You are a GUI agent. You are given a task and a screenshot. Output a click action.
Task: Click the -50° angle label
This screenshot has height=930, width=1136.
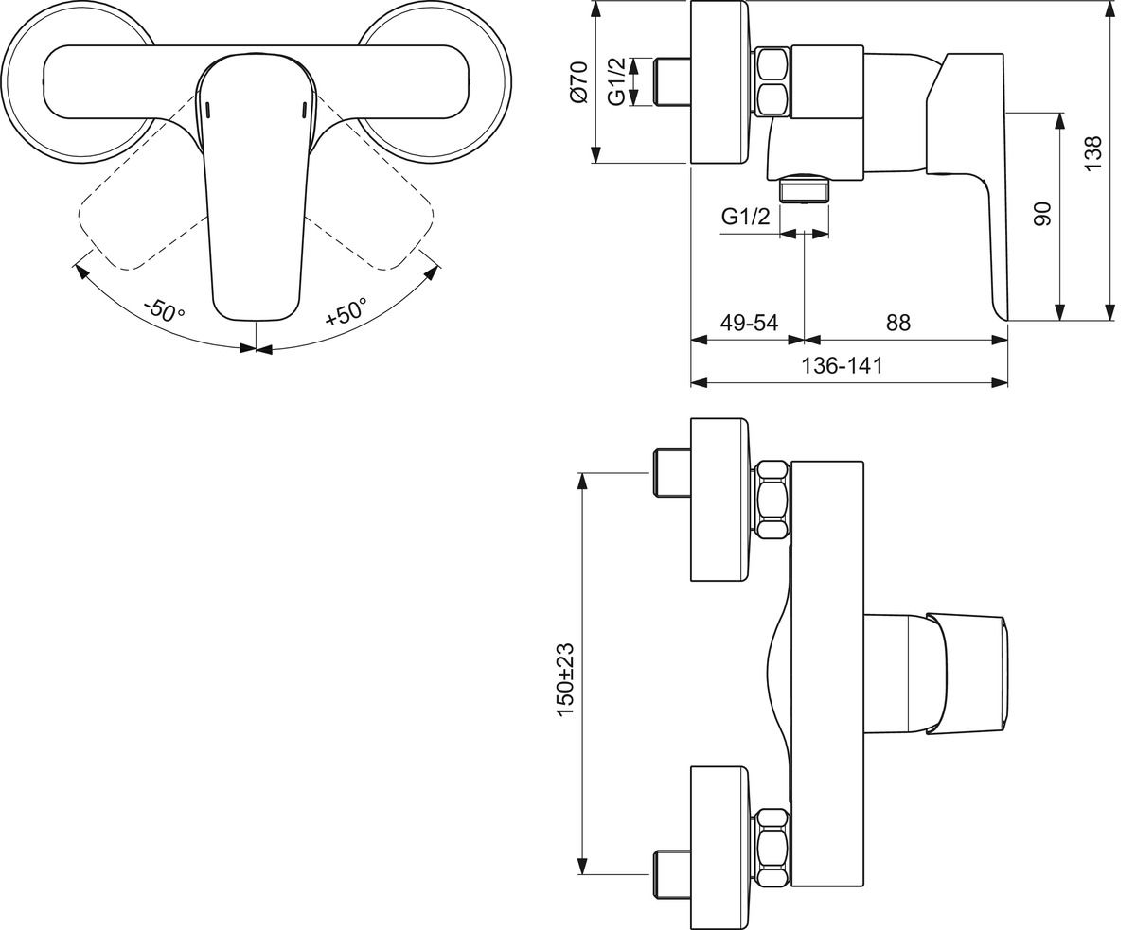[165, 309]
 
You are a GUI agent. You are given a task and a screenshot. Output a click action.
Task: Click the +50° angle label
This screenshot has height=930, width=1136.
[346, 311]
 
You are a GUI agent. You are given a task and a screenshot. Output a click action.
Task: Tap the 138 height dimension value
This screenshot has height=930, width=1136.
[1093, 153]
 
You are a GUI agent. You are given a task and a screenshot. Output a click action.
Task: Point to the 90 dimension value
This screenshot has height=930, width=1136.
[1042, 214]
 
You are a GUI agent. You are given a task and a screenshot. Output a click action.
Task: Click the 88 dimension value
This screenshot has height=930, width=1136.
[897, 323]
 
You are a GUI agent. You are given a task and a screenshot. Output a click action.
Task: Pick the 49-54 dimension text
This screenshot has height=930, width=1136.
[748, 323]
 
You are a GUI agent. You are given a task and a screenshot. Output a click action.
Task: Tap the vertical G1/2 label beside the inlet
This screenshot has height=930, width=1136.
[616, 82]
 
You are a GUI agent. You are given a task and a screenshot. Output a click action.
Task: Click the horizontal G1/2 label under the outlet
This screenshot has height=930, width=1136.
[745, 217]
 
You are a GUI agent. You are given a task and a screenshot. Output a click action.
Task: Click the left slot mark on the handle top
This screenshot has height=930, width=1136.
[208, 110]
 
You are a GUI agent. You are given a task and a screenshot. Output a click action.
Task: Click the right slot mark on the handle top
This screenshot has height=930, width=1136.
[303, 110]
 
